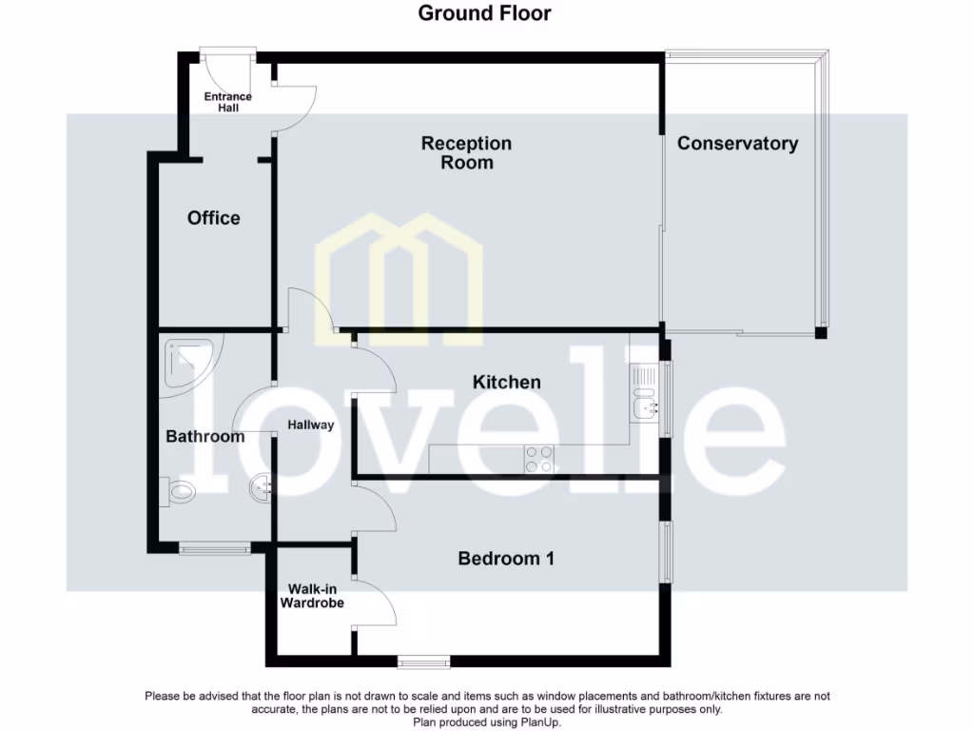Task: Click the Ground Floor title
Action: point(485,13)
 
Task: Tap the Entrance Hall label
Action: point(228,102)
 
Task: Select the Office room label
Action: point(214,218)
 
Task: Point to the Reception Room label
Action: point(466,153)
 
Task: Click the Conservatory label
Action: point(737,144)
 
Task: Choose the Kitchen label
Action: point(507,382)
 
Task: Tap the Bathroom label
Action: point(205,437)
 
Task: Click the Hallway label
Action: point(311,425)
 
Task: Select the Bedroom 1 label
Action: point(506,559)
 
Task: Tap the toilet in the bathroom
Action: point(178,492)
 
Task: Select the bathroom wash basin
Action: point(262,489)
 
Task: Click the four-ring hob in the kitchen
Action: point(540,459)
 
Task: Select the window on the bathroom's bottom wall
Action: point(215,548)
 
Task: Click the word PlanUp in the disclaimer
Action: point(539,722)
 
